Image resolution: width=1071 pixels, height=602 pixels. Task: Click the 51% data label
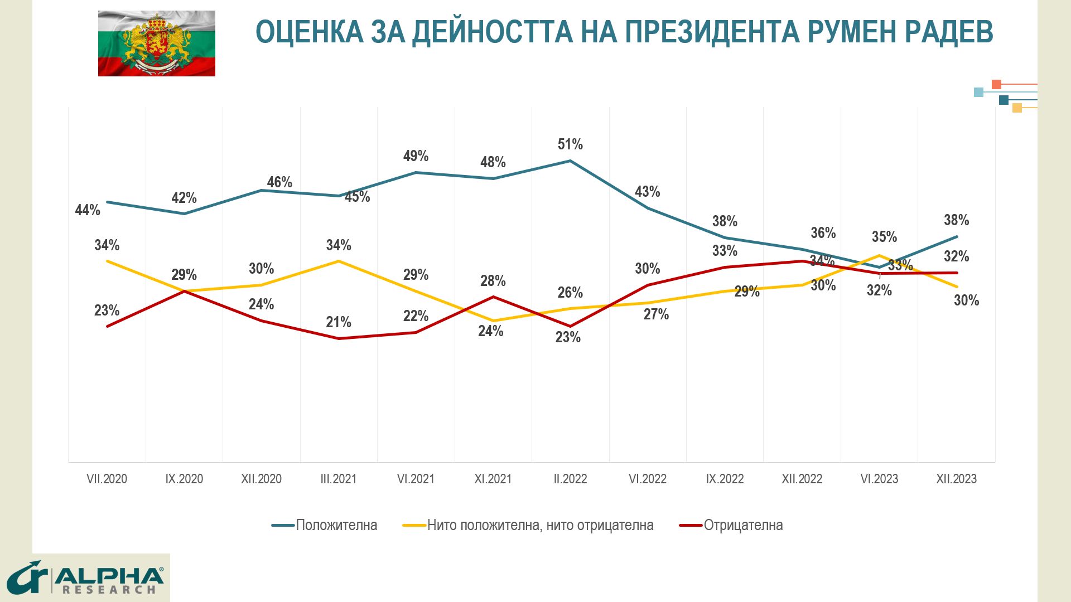570,144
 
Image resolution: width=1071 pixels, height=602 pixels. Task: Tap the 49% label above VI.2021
416,156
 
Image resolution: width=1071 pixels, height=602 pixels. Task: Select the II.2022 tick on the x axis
570,479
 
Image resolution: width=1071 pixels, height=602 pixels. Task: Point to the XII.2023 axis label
956,479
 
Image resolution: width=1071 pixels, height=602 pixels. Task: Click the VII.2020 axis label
107,479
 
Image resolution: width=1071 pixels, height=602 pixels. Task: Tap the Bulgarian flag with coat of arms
157,43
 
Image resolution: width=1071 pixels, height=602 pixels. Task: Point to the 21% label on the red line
339,322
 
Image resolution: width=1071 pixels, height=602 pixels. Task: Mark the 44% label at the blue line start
88,210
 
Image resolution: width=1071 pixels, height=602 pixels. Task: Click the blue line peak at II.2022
570,161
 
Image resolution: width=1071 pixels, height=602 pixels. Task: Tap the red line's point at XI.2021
493,297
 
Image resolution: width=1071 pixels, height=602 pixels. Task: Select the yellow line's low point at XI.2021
493,321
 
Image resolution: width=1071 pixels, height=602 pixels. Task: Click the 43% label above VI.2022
647,192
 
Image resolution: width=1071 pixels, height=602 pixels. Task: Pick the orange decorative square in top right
996,85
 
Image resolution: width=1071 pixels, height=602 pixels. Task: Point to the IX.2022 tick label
725,479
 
